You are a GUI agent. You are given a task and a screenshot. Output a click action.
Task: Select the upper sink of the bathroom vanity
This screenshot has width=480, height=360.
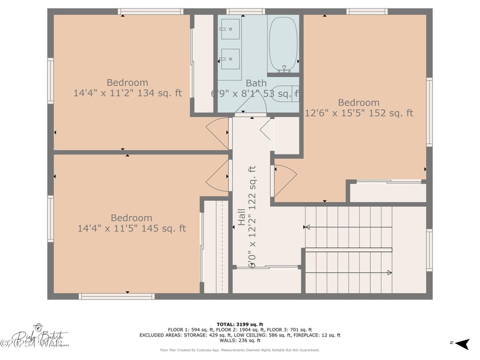click(x=230, y=28)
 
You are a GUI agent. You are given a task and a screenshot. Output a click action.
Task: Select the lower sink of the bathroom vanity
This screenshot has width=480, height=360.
click(x=230, y=58)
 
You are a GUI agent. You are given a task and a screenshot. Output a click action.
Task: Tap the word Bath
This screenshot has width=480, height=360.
click(x=256, y=83)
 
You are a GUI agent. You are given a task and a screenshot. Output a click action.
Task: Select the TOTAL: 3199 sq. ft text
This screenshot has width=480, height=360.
click(x=239, y=324)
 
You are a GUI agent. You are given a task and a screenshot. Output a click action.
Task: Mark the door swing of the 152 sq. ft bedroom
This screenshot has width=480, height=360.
click(x=284, y=176)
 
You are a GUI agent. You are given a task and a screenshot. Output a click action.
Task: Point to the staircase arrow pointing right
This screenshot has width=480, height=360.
click(x=349, y=273)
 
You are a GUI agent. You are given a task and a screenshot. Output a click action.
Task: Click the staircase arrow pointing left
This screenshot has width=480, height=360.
click(x=349, y=227)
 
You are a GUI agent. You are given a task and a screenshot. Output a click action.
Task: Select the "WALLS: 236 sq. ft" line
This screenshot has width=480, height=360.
click(x=239, y=341)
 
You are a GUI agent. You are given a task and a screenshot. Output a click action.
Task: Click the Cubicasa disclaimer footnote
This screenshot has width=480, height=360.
click(x=239, y=350)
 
